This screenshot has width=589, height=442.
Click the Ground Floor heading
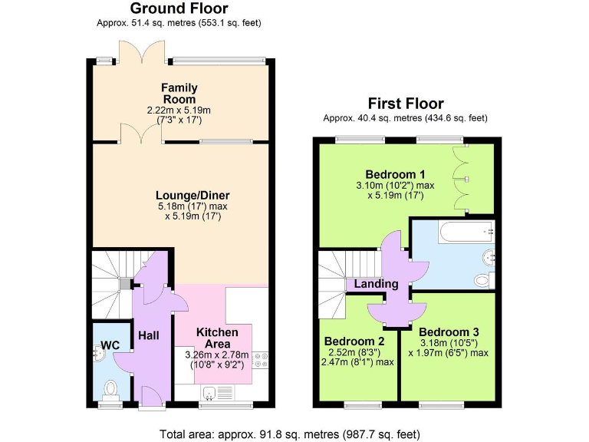coord(179,9)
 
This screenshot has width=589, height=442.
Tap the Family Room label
coord(179,94)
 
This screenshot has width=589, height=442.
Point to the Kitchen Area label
coord(217,338)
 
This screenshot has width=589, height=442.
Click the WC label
coord(110,345)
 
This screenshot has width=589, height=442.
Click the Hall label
coord(148,335)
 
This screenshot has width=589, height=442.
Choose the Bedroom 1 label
coord(395,173)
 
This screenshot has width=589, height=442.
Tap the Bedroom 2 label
coord(354,341)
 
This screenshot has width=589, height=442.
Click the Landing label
coord(376,284)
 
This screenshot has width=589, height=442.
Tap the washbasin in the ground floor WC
coord(99,354)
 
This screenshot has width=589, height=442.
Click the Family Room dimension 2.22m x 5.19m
coord(179,110)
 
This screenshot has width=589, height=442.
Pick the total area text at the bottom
coord(289,434)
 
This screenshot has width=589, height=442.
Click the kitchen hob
coord(260,360)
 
